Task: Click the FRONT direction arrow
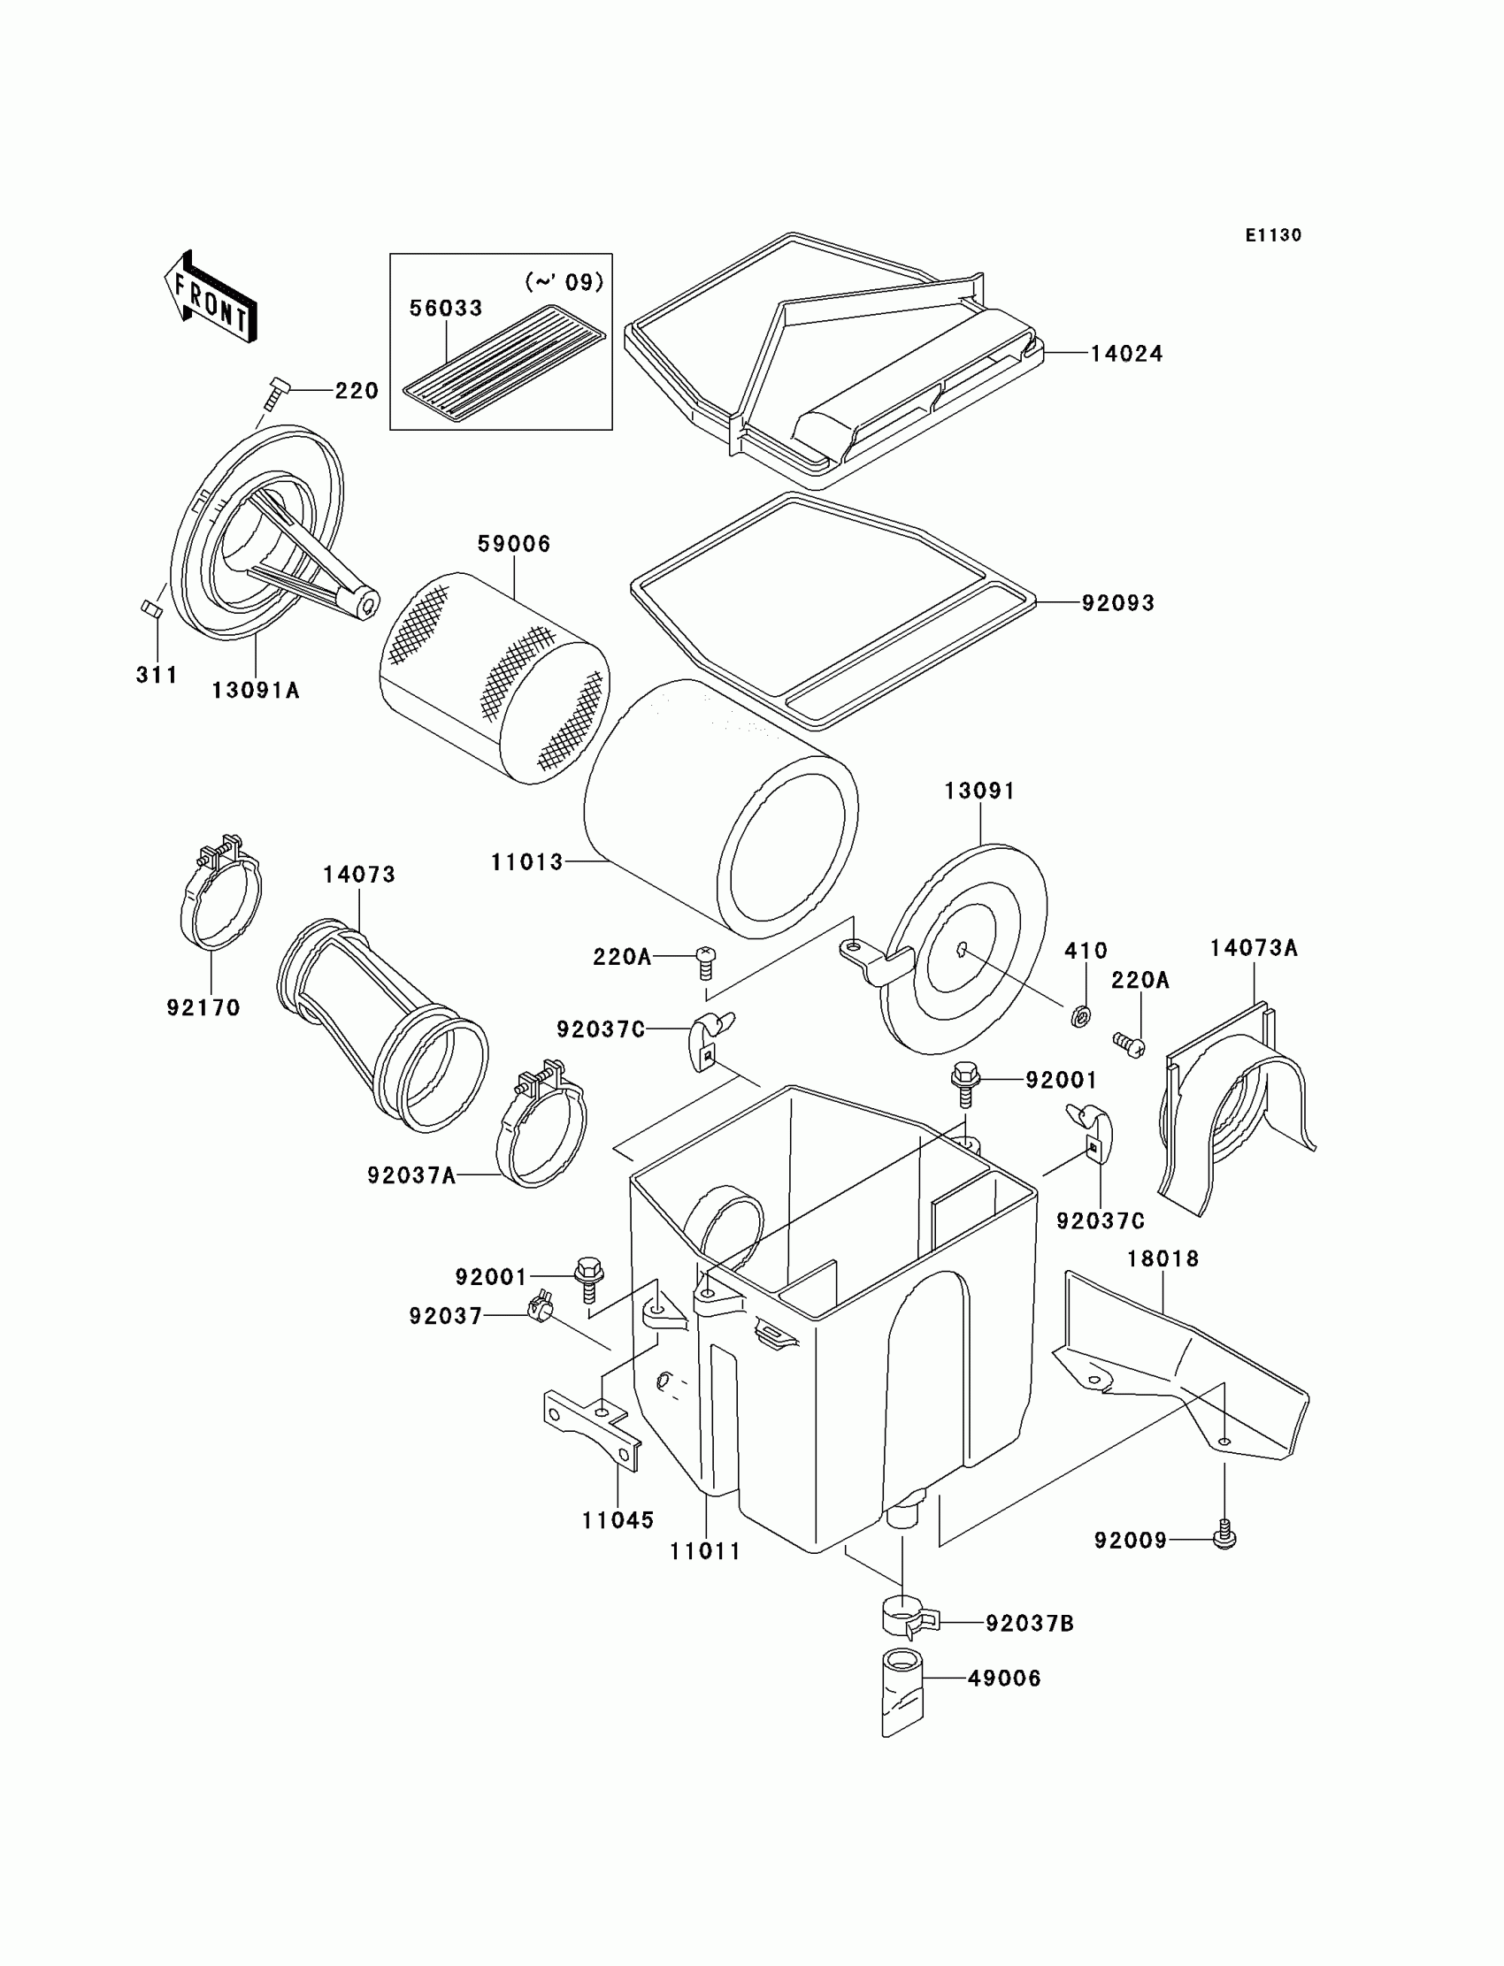tap(211, 297)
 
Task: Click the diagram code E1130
tap(1273, 235)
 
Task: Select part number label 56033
tap(446, 308)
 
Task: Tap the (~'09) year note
tap(564, 283)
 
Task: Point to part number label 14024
tap(1126, 355)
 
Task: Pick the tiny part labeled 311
tap(150, 608)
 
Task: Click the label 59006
tap(514, 544)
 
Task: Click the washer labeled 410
tap(1080, 1016)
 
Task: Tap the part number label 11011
tap(705, 1552)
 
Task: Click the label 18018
tap(1163, 1259)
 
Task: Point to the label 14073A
tap(1254, 949)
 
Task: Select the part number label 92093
tap(1118, 603)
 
